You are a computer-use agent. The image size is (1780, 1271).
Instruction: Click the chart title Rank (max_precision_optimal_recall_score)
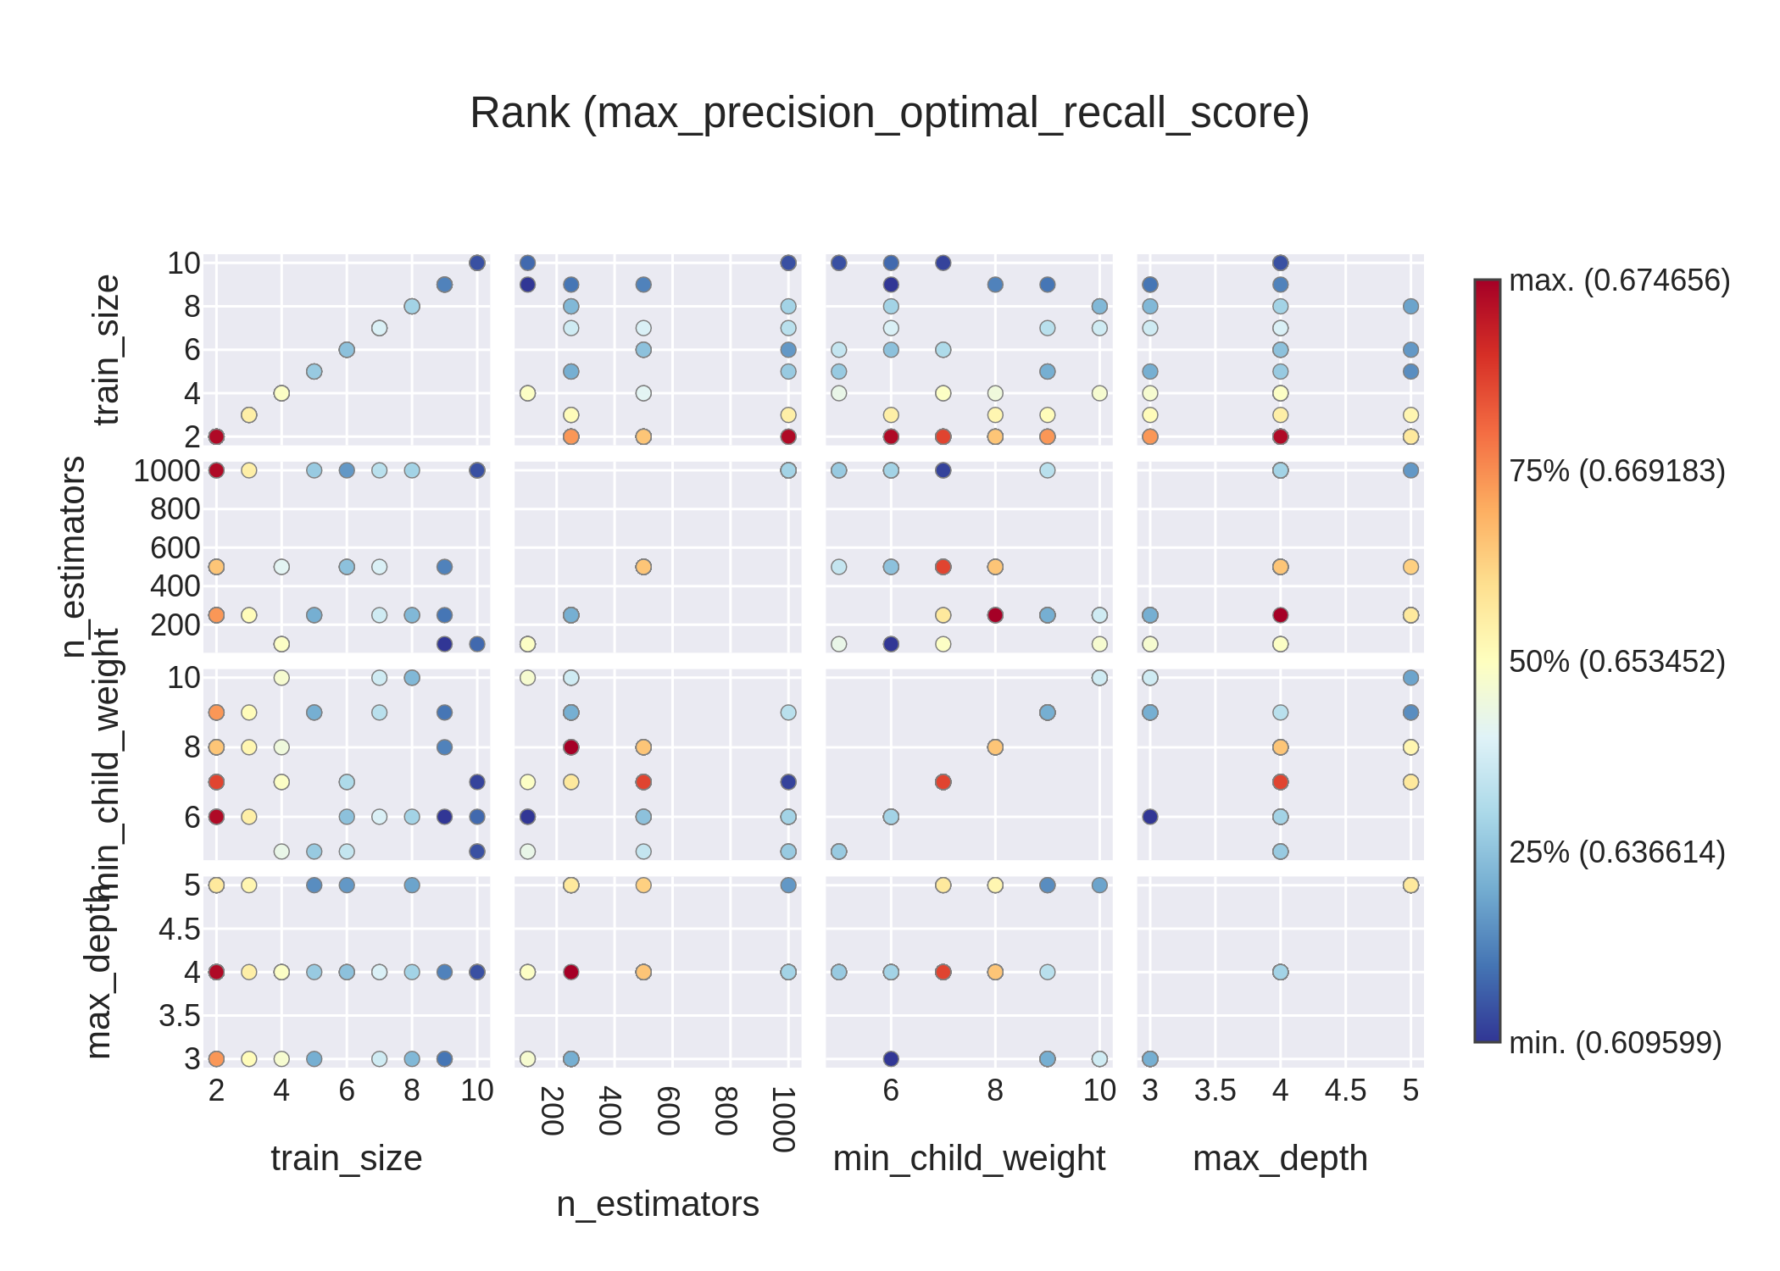tap(889, 113)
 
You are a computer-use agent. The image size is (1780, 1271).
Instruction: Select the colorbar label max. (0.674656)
tap(1619, 280)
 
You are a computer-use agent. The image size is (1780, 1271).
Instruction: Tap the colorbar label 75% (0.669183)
tap(1616, 471)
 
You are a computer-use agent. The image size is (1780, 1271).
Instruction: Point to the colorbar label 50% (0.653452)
tap(1616, 662)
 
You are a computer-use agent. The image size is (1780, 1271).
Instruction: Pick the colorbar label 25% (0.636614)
tap(1616, 852)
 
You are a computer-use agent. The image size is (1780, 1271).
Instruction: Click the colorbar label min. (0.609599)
tap(1615, 1043)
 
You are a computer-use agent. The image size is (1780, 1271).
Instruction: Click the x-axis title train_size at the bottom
tap(346, 1158)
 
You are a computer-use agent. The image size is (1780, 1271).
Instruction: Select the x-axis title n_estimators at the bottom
tap(658, 1204)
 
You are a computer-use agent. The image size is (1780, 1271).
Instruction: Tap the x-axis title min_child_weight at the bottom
tap(969, 1158)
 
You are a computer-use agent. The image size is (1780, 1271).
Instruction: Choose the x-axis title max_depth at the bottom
tap(1280, 1158)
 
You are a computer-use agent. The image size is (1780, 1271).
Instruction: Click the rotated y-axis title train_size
tap(107, 349)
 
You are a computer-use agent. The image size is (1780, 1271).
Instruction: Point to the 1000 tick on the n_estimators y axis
tap(167, 471)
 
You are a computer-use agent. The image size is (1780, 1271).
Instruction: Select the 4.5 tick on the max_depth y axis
tap(180, 930)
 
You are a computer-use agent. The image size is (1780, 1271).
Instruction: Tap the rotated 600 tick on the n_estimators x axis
tap(668, 1111)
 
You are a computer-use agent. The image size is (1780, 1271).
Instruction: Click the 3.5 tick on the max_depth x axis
tap(1215, 1091)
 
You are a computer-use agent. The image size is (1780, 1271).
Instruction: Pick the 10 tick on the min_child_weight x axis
tap(1099, 1091)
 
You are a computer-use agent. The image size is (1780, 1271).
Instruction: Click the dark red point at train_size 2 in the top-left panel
tap(216, 436)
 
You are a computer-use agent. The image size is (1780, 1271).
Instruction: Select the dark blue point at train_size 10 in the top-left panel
tap(477, 263)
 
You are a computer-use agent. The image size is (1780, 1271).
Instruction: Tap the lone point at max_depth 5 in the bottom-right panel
tap(1410, 885)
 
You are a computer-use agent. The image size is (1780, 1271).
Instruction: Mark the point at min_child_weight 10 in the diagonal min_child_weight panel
tap(1099, 678)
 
